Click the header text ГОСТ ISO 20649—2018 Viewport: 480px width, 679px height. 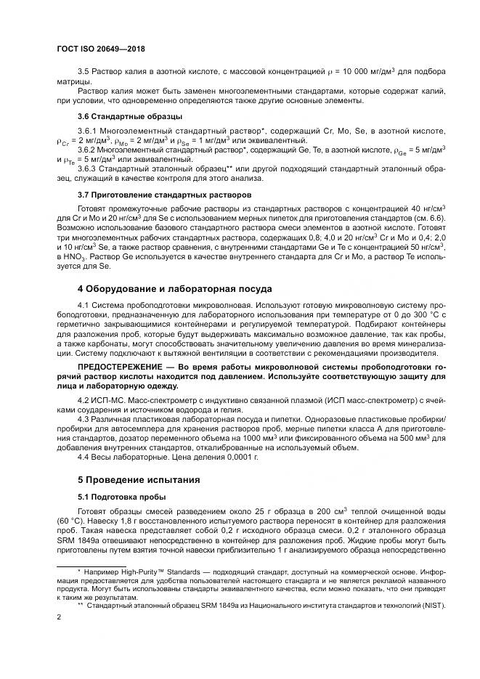point(100,49)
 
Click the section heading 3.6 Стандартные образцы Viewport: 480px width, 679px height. point(130,116)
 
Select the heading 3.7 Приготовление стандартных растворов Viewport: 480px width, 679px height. point(165,195)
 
